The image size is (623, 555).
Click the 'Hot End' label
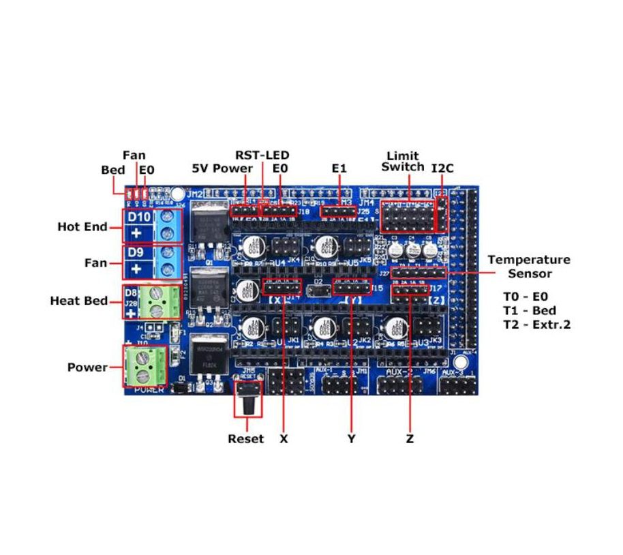click(82, 227)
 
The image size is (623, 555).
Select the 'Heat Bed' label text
click(78, 301)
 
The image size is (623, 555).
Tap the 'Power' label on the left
click(87, 367)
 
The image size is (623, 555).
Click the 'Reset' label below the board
click(245, 439)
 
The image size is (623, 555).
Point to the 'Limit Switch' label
click(402, 162)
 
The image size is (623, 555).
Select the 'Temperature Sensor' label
click(528, 267)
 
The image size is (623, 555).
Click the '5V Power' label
click(222, 168)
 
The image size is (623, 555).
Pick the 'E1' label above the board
click(339, 168)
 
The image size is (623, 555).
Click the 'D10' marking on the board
click(140, 217)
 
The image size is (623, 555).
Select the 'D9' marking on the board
click(136, 253)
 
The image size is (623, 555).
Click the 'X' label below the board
click(284, 439)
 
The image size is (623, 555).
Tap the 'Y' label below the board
click(351, 439)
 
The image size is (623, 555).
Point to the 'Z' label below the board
click(410, 439)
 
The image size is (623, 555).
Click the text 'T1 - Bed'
click(529, 310)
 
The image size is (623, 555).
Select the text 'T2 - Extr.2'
click(536, 325)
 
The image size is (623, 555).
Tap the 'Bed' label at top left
click(113, 170)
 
